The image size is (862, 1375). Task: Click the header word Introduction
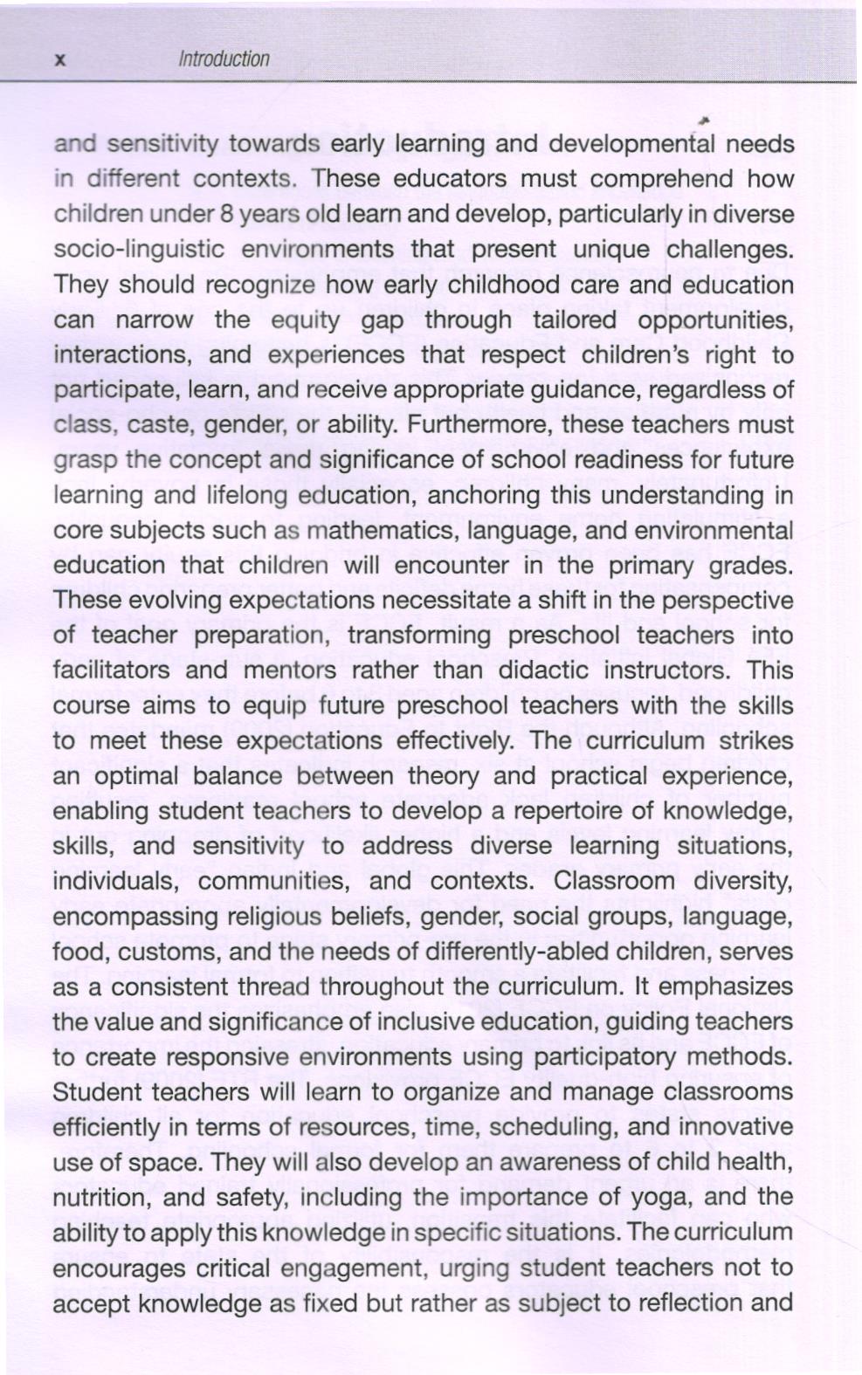point(224,59)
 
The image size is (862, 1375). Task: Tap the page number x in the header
point(60,60)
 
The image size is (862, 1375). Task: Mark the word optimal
point(130,777)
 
